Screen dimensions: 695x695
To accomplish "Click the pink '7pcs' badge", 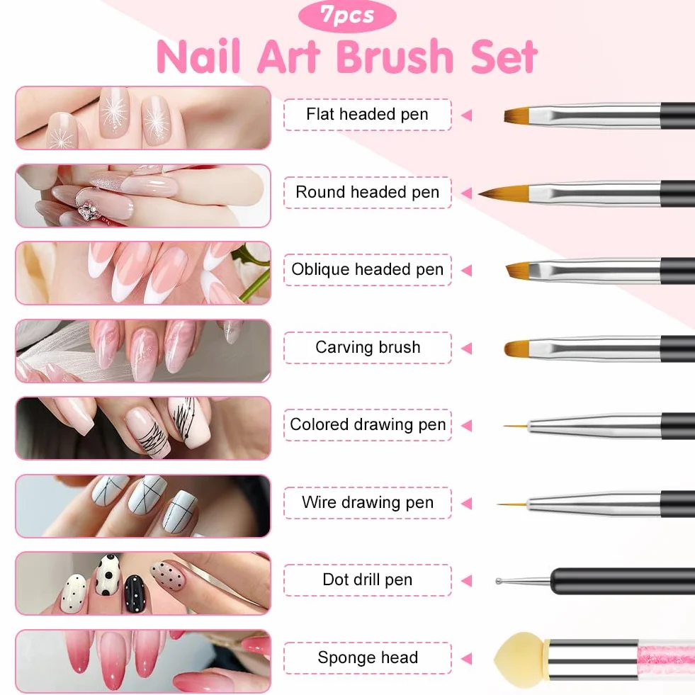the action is [x=347, y=16].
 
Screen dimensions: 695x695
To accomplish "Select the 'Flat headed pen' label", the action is [x=368, y=114].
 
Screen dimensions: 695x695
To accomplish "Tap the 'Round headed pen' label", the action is [x=368, y=193].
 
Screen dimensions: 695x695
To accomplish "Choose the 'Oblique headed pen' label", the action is [x=368, y=269].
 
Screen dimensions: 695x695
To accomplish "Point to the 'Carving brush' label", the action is [x=368, y=347].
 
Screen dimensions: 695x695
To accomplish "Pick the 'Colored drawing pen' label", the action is [x=368, y=424].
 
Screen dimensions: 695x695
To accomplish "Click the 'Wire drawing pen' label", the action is [x=368, y=502].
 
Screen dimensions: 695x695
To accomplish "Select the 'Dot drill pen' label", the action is [x=368, y=580].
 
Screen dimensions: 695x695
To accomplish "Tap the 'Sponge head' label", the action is [x=368, y=657].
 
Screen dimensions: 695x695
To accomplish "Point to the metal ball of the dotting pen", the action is [x=499, y=581].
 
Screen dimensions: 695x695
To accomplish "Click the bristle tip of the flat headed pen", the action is [x=516, y=116].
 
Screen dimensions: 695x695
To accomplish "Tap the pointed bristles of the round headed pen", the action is [x=505, y=193].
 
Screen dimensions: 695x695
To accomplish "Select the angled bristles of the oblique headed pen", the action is [x=519, y=269].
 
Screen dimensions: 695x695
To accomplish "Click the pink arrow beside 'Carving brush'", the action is [x=466, y=349].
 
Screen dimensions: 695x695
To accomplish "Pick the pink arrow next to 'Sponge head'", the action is [x=466, y=659].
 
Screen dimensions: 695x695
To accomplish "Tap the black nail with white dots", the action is [x=135, y=594].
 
